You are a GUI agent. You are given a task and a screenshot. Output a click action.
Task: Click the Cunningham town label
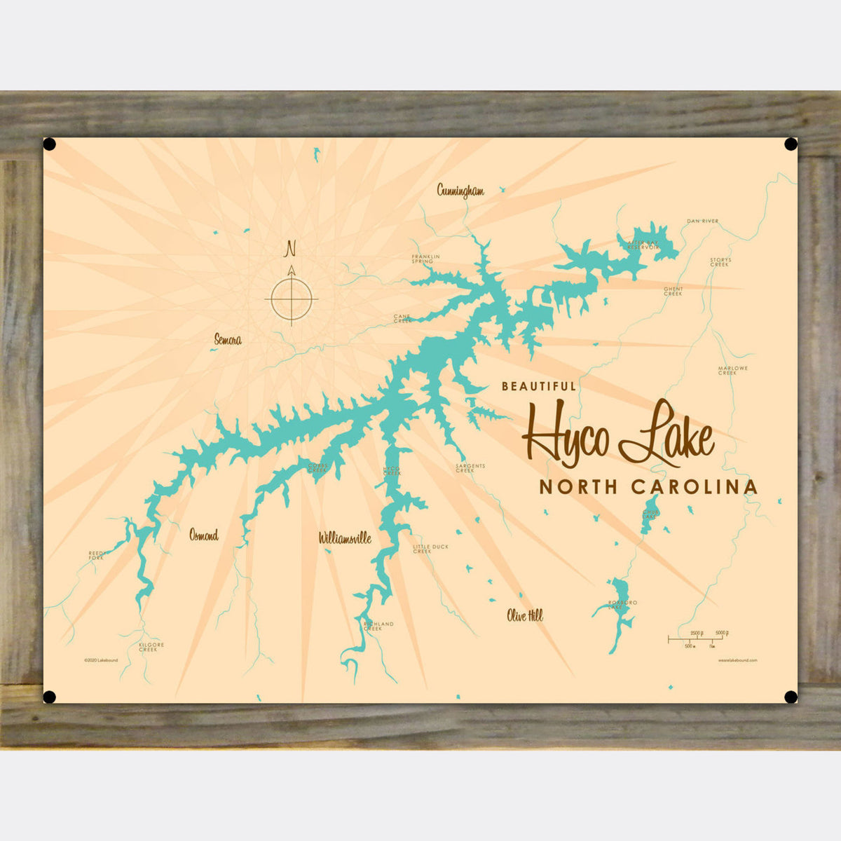point(460,191)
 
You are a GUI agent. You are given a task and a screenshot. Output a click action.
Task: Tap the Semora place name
point(228,340)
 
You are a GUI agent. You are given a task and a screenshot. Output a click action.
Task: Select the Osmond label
point(203,535)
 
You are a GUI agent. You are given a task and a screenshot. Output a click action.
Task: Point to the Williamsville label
point(344,538)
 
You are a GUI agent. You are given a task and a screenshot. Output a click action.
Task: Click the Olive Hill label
point(525,616)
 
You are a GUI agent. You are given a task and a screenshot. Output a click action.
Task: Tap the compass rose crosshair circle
point(292,299)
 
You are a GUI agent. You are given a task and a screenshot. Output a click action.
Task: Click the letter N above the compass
point(290,249)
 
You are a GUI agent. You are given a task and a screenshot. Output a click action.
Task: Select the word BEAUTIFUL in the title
point(538,385)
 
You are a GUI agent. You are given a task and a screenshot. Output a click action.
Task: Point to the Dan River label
point(702,221)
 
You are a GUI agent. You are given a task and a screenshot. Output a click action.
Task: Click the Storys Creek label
point(720,262)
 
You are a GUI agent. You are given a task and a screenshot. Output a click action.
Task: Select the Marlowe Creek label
point(732,370)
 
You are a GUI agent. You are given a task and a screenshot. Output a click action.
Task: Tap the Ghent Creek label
point(673,291)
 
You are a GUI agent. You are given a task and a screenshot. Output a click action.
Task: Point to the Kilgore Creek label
point(148,647)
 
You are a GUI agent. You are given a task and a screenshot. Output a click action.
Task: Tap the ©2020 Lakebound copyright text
point(101,660)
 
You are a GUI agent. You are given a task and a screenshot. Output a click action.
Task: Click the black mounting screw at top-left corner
point(50,144)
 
